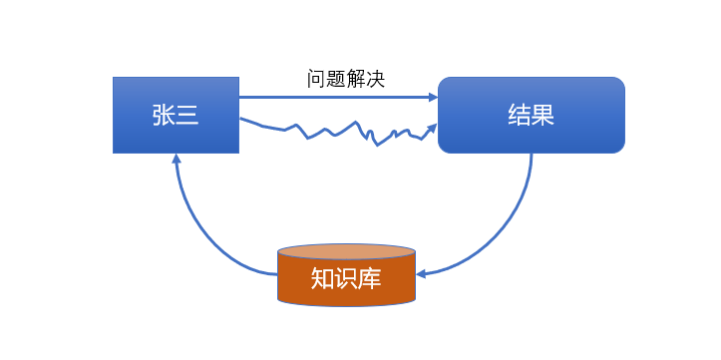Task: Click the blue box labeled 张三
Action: pyautogui.click(x=176, y=114)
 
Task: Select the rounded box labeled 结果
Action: pyautogui.click(x=531, y=115)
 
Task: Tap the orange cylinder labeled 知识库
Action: pyautogui.click(x=345, y=278)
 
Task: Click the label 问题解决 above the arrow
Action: pyautogui.click(x=345, y=77)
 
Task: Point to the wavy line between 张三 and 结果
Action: pyautogui.click(x=329, y=131)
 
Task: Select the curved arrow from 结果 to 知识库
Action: pyautogui.click(x=509, y=229)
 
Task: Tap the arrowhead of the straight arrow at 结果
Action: pyautogui.click(x=433, y=97)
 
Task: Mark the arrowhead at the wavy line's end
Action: pyautogui.click(x=432, y=128)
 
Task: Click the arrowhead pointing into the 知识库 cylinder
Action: pyautogui.click(x=421, y=272)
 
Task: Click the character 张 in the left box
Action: pyautogui.click(x=164, y=115)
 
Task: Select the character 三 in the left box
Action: pyautogui.click(x=188, y=115)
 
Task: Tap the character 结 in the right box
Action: pyautogui.click(x=519, y=115)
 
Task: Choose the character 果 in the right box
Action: pyautogui.click(x=542, y=115)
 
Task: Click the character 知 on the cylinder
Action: pyautogui.click(x=321, y=278)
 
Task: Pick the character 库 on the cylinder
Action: pyautogui.click(x=369, y=278)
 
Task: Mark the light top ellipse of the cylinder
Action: pyautogui.click(x=345, y=251)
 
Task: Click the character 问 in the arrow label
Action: pyautogui.click(x=316, y=77)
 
